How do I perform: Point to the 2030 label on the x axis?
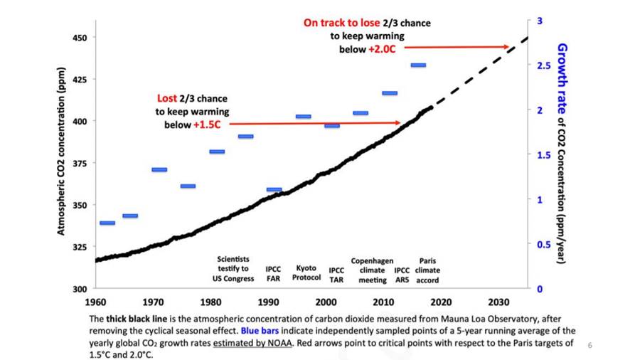point(499,302)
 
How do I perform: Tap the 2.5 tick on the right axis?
point(543,65)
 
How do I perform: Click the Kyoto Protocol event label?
point(306,273)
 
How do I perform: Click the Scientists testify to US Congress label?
point(233,269)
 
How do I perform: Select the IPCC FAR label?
point(273,274)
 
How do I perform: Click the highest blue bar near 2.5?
point(418,65)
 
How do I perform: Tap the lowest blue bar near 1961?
point(107,223)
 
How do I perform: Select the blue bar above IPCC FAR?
point(274,190)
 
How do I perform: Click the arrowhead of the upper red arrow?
point(507,48)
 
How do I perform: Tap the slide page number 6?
point(589,345)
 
